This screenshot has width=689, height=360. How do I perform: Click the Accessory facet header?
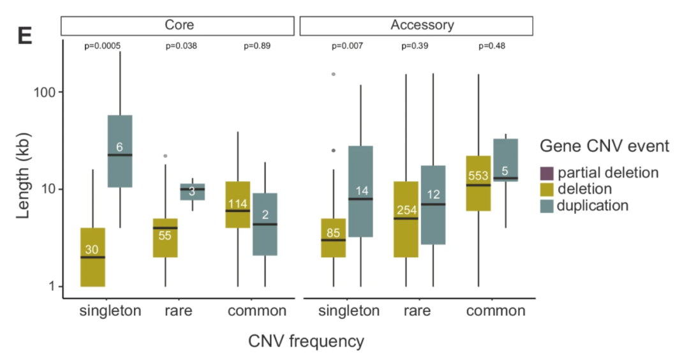416,26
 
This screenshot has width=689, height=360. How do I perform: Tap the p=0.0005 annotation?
103,46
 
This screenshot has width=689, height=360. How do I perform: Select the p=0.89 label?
258,46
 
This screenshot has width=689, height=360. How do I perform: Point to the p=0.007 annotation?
347,46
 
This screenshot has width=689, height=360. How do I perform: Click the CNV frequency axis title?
306,341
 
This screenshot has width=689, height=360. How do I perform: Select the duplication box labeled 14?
361,191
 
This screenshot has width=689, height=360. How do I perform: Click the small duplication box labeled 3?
192,191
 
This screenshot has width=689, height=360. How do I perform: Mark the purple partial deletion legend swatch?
547,172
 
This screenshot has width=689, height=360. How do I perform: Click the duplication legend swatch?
547,205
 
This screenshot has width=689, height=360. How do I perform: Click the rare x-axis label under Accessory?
417,311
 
